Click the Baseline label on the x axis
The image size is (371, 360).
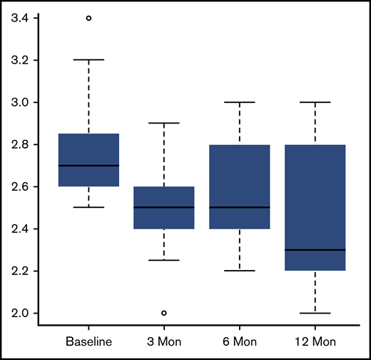(88, 342)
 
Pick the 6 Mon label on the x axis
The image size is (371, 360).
(239, 342)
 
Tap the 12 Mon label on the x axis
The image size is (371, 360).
(315, 342)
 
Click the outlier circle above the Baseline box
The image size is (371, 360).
(88, 18)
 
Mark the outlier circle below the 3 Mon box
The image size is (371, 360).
(164, 313)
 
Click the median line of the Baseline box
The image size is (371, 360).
(88, 165)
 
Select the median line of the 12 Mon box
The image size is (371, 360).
(315, 249)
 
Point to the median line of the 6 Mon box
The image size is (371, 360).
(239, 207)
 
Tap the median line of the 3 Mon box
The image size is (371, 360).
(164, 207)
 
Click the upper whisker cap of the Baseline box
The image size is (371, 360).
(88, 60)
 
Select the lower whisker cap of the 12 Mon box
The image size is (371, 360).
(315, 313)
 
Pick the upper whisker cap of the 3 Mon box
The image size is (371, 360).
(164, 123)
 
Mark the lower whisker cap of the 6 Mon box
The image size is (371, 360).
(239, 271)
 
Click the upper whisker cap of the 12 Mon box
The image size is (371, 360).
(315, 102)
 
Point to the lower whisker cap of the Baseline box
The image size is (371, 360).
(88, 207)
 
